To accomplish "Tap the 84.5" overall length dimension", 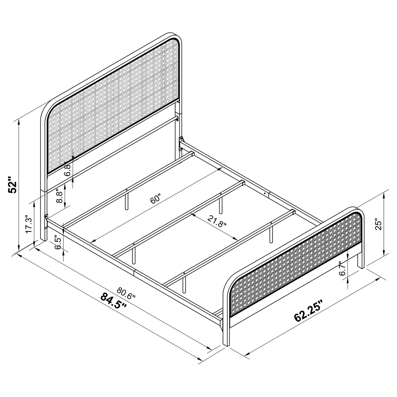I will [113, 301].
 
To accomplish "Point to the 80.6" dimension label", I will [126, 293].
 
